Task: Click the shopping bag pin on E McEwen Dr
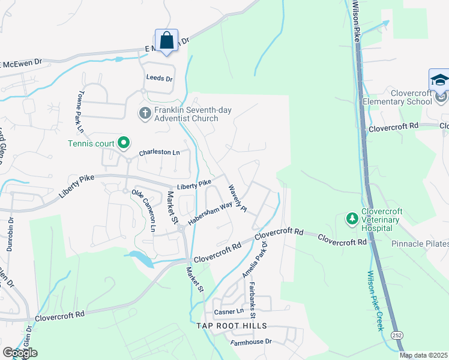tap(167, 41)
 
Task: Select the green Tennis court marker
tap(124, 142)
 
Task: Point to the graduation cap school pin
tap(439, 80)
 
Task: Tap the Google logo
tap(20, 353)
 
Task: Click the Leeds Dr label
tap(159, 79)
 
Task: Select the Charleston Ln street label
tap(159, 153)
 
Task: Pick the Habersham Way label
tap(209, 213)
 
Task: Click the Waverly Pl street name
tap(237, 198)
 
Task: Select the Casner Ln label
tap(229, 311)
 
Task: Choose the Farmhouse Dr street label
tap(251, 341)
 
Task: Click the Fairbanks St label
tap(253, 300)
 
